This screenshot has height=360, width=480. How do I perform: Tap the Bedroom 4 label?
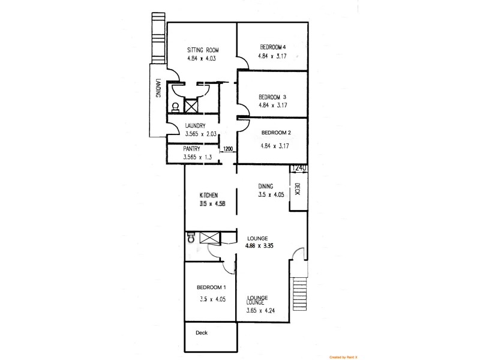click(x=272, y=47)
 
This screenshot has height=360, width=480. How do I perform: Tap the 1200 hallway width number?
click(x=228, y=149)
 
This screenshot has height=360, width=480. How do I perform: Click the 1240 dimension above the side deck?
click(x=299, y=169)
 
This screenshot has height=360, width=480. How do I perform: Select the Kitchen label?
click(x=208, y=194)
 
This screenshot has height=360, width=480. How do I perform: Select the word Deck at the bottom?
click(x=202, y=332)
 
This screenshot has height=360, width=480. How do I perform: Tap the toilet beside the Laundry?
click(x=175, y=107)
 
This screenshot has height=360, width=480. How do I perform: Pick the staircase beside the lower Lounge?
click(x=300, y=292)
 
